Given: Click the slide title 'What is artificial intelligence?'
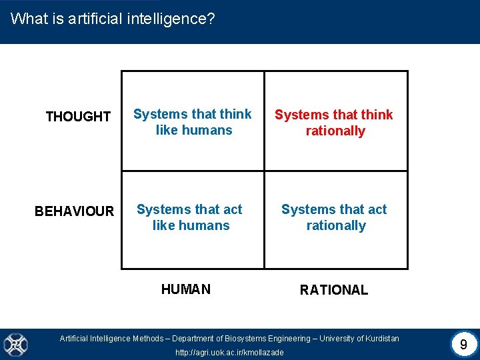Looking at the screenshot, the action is click(113, 19).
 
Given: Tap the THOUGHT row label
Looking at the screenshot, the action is click(78, 117).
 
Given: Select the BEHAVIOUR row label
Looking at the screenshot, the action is click(74, 211).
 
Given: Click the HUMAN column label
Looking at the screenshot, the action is click(186, 289).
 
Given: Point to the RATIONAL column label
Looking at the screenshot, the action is click(333, 290).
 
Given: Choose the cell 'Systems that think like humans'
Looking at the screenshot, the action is click(193, 122).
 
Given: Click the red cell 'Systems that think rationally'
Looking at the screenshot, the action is click(334, 123).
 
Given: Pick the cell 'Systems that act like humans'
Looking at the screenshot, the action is click(190, 217).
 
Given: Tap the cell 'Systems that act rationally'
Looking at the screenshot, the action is click(335, 217).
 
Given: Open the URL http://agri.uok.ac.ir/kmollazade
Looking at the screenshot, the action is click(229, 352).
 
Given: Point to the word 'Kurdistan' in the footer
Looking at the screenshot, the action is click(381, 339).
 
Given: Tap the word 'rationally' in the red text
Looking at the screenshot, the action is click(335, 131).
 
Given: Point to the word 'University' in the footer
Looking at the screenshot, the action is click(343, 339).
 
